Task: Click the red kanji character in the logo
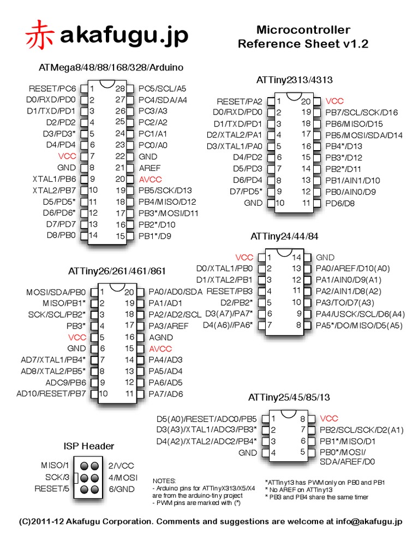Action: pos(39,34)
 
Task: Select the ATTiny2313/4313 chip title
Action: pos(294,80)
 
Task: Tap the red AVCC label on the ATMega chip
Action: pos(151,179)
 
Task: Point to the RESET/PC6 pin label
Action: pos(52,88)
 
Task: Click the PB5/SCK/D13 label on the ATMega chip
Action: pos(165,191)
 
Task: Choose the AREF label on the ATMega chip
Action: pos(149,168)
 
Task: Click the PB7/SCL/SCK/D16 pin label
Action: pos(362,112)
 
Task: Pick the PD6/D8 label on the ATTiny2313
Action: pos(340,204)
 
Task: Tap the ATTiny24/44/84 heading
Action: pos(284,236)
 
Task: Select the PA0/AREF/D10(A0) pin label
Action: pos(353,269)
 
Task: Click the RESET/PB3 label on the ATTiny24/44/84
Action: pos(230,292)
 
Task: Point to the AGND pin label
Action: pos(161,337)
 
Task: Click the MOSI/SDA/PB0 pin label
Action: pos(56,293)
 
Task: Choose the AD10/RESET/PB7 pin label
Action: pos(51,394)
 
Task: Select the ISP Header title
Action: pos(89,446)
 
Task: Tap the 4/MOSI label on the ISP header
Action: pos(123,477)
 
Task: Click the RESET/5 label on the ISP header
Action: pos(52,489)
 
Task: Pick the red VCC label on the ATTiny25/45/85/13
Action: pos(329,419)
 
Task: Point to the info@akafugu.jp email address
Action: pos(369,521)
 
